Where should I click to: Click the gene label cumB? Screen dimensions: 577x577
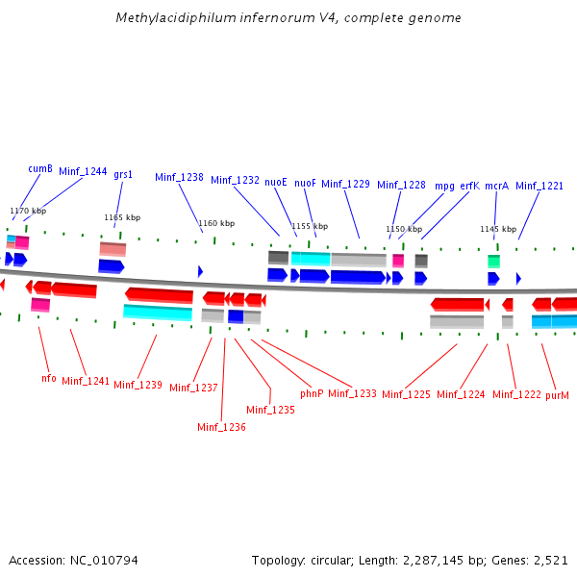point(39,168)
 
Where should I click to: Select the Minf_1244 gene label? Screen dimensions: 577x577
point(83,171)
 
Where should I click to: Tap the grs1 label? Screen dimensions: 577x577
point(123,174)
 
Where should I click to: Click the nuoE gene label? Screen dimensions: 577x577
point(276,181)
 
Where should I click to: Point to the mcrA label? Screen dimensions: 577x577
point(496,186)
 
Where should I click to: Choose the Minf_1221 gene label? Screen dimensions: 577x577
point(539,186)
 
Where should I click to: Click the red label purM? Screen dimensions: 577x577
point(558,395)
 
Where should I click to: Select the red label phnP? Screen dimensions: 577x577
point(312,393)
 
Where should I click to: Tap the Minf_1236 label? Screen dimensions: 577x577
point(221,427)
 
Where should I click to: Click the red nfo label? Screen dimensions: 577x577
point(48,378)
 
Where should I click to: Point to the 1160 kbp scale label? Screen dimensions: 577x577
point(215,223)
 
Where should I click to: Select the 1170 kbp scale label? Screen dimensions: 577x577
point(28,211)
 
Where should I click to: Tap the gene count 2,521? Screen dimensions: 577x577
point(550,560)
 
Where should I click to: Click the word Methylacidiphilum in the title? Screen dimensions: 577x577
point(173,18)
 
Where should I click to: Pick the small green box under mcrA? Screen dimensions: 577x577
point(493,261)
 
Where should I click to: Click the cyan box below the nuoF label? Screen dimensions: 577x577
point(311,259)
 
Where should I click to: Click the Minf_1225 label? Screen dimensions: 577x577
point(406,394)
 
